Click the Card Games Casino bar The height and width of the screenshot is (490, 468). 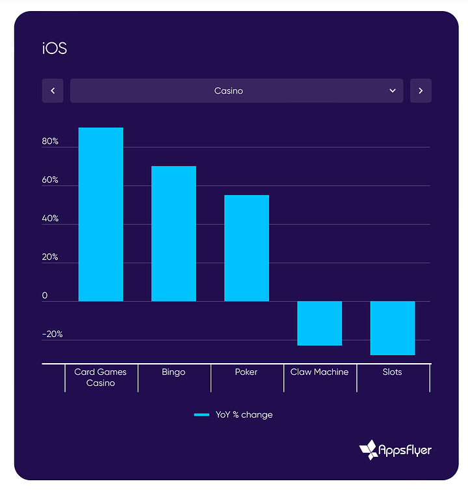101,214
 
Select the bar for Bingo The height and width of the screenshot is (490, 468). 174,234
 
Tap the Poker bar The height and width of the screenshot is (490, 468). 246,248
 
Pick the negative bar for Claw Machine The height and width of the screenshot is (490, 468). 319,323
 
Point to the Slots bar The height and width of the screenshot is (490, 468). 392,328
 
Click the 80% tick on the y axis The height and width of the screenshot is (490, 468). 51,141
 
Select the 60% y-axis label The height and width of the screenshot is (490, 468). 51,180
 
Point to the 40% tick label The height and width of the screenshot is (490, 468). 51,219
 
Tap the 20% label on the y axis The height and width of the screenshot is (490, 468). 51,257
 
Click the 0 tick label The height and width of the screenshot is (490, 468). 45,296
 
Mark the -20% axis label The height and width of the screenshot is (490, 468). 53,334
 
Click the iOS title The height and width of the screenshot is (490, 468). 55,49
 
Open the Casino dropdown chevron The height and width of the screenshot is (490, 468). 393,91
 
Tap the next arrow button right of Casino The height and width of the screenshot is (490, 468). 421,91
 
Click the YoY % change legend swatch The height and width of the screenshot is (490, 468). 201,415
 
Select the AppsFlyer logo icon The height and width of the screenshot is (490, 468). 369,449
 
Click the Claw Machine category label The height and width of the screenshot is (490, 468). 319,372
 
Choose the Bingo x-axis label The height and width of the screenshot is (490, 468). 174,372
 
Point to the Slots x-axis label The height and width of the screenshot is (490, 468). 392,372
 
